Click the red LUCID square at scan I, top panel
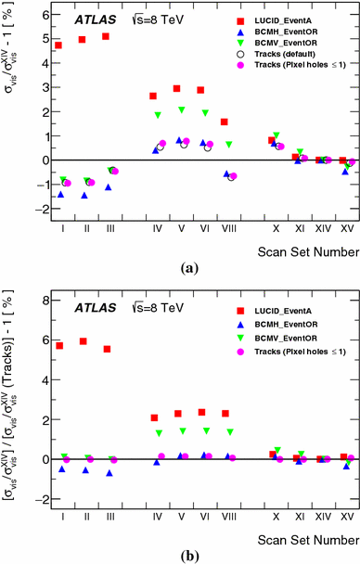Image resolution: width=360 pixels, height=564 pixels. pyautogui.click(x=58, y=45)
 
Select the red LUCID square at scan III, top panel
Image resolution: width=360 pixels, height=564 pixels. pyautogui.click(x=106, y=36)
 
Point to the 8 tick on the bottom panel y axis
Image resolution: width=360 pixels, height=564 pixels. pyautogui.click(x=39, y=299)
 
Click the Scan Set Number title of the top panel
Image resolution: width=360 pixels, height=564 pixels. pyautogui.click(x=308, y=250)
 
